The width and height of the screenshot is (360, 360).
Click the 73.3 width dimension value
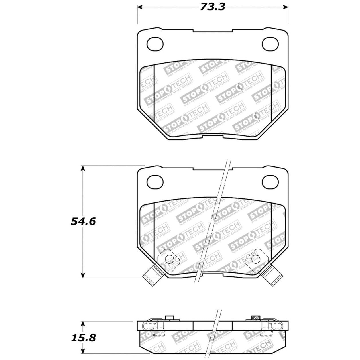click(212, 7)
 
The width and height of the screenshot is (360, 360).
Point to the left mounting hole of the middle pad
click(155, 182)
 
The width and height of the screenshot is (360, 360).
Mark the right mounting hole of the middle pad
click(270, 182)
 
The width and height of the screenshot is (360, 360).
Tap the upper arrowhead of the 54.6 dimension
click(83, 168)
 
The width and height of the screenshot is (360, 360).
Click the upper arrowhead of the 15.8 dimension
click(83, 324)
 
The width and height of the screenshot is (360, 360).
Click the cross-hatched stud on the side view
click(255, 318)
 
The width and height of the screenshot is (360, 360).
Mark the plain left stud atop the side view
click(169, 318)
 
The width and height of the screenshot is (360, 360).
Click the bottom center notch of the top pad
click(213, 137)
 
